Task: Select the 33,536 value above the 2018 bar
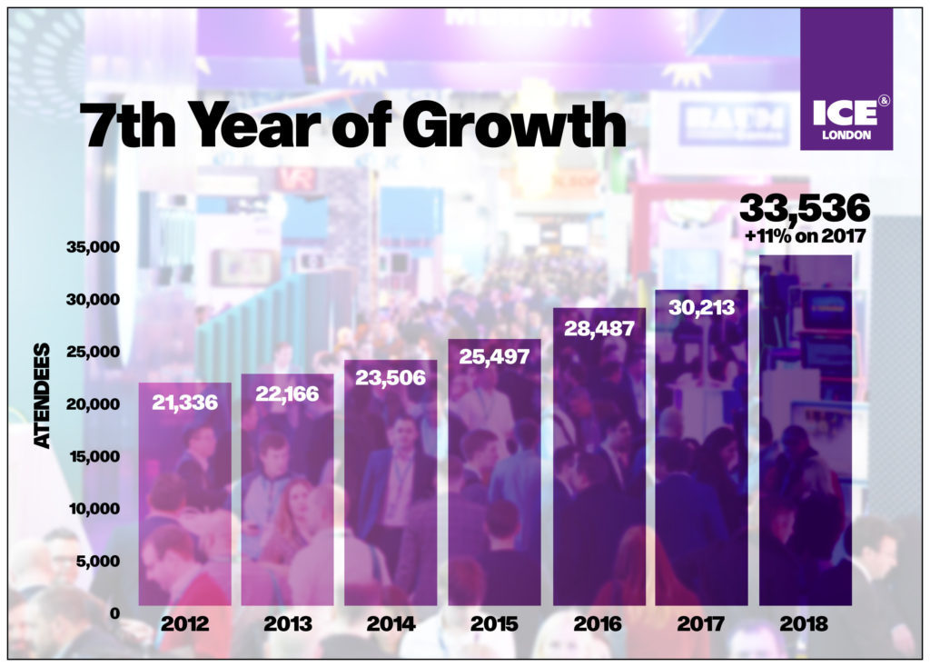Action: point(805,209)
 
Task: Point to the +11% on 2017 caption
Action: point(805,237)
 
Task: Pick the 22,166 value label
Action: point(287,393)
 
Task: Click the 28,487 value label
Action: point(599,327)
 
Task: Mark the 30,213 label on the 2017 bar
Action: point(701,307)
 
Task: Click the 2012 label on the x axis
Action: point(184,624)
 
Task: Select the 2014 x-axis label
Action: point(391,624)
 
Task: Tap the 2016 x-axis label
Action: point(598,624)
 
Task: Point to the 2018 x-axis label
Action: point(805,624)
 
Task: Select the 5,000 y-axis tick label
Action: point(98,561)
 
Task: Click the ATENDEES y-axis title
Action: point(43,396)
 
